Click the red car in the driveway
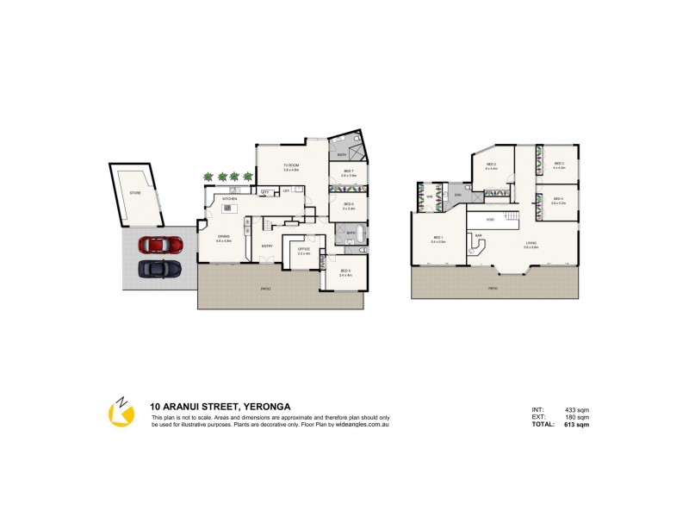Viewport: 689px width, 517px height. point(160,245)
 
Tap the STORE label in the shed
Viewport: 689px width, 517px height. point(134,194)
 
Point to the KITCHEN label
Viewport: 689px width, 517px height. point(230,199)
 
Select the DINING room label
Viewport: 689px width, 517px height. point(223,237)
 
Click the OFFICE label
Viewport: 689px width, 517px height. point(302,250)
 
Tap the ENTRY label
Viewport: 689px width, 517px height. point(267,246)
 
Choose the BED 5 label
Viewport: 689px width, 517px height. point(344,272)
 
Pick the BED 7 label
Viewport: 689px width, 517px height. point(348,171)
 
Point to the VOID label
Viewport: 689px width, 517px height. point(490,220)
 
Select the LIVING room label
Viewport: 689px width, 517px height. point(531,243)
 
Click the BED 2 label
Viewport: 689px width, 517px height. point(491,165)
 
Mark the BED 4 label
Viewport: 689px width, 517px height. point(558,200)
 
